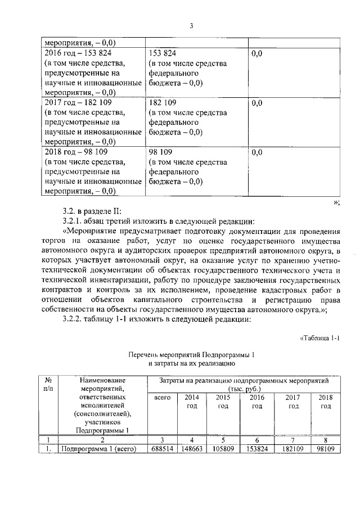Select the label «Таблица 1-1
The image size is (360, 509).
click(x=320, y=338)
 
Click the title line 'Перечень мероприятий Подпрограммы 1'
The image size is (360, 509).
click(x=191, y=355)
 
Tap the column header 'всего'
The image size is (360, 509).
click(x=162, y=397)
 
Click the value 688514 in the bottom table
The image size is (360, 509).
click(x=162, y=449)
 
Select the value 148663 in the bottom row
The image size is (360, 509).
click(x=191, y=449)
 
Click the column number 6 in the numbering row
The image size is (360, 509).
click(x=256, y=440)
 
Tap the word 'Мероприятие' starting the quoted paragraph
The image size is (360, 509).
click(x=92, y=231)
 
